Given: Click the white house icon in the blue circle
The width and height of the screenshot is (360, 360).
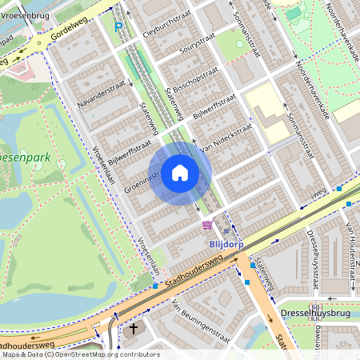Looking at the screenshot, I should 180,173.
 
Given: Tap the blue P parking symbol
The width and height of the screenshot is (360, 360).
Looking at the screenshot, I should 118,27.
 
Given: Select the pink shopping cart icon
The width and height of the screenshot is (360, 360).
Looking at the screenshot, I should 208,226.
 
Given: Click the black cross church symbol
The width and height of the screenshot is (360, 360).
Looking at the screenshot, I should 134,328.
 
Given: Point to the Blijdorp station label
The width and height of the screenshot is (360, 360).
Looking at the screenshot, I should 226,245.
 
